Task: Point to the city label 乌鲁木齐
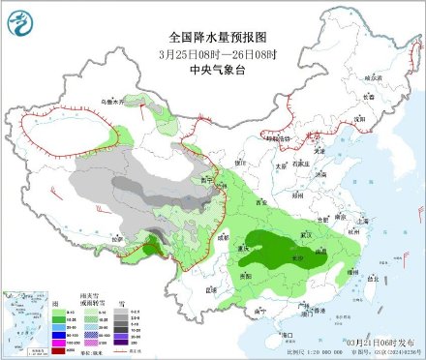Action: [x=115, y=100]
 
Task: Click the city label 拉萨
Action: [x=120, y=236]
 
